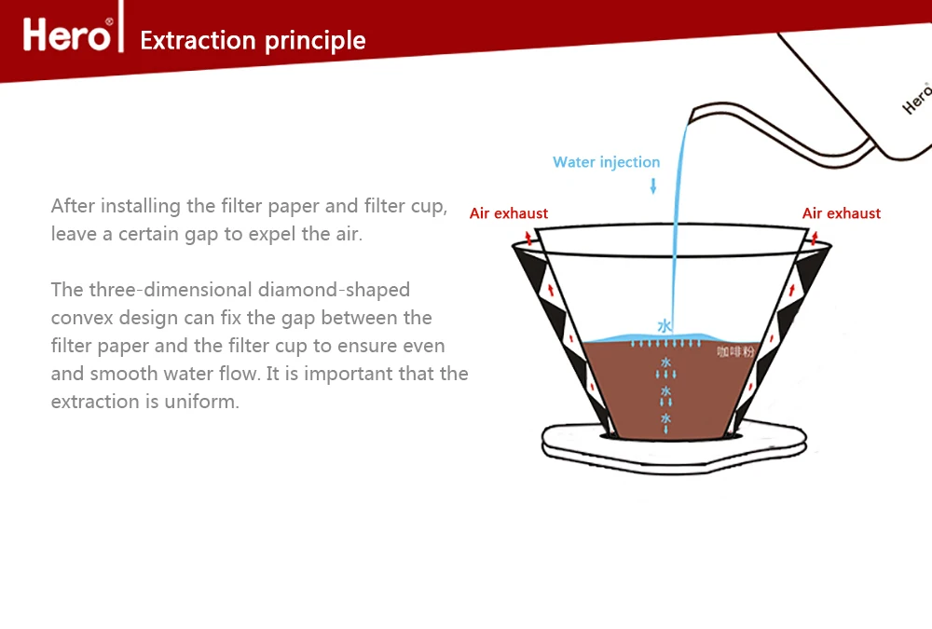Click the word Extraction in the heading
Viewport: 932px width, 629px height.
coord(198,41)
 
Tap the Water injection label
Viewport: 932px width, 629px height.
coord(606,162)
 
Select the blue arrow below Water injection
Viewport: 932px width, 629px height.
coord(652,185)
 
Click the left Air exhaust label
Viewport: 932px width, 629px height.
coord(509,213)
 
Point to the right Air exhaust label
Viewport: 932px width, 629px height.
coord(841,213)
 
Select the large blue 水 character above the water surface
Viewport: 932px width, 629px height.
coord(665,326)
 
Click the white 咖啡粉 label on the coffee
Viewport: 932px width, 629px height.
coord(734,351)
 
